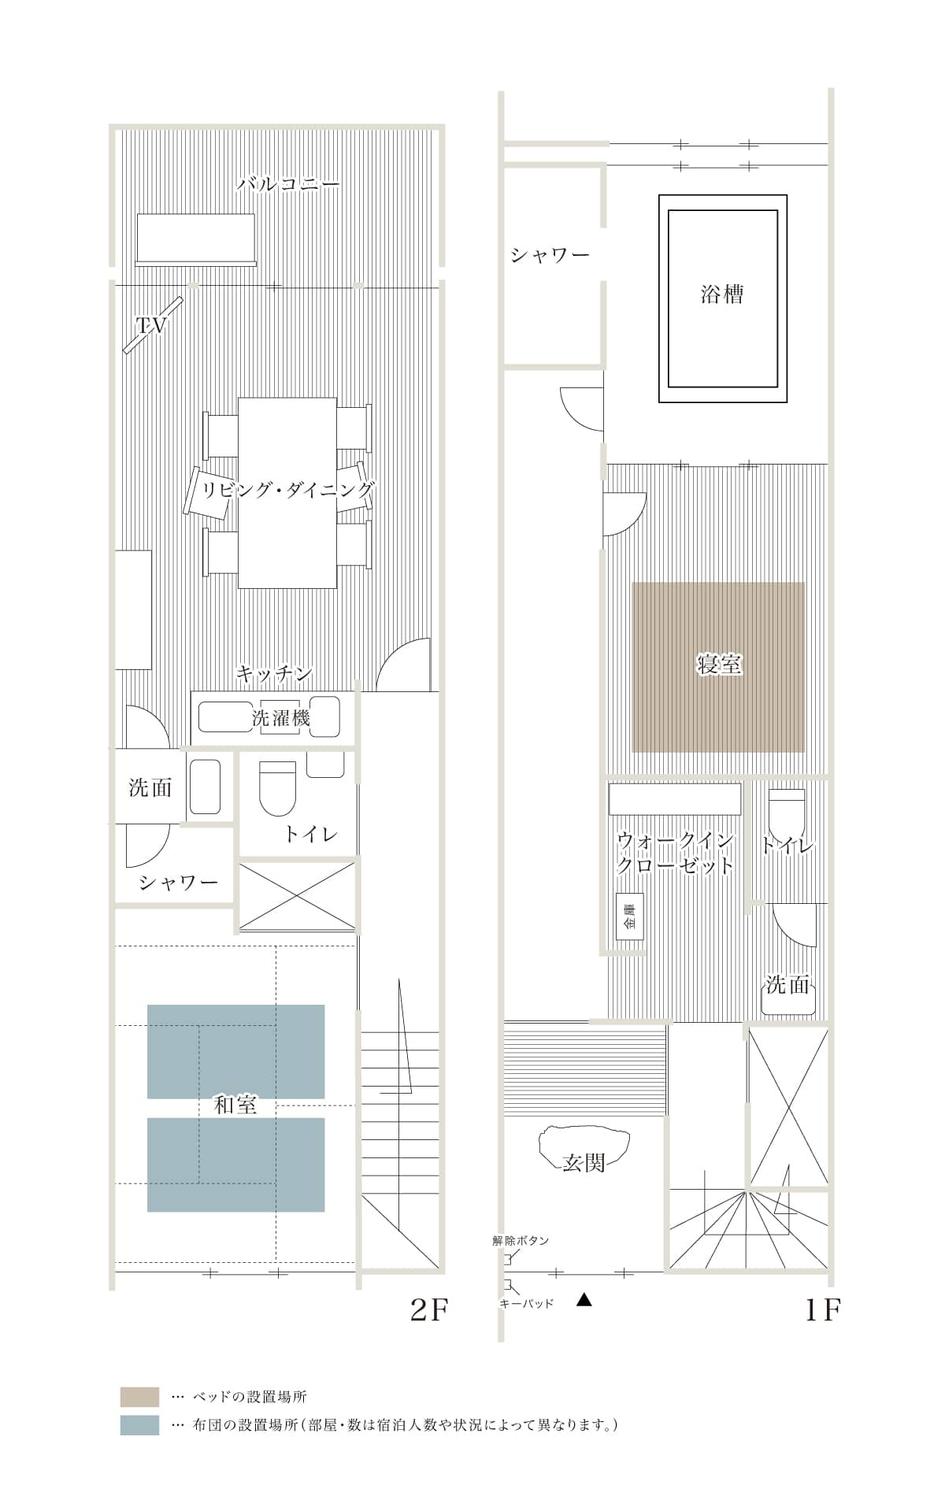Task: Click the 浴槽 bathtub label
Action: click(721, 294)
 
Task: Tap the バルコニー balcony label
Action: click(288, 184)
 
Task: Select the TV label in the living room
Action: click(151, 325)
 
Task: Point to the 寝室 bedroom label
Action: click(719, 664)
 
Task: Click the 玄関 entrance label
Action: click(584, 1162)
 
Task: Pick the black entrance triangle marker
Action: click(584, 1300)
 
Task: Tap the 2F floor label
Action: click(429, 1309)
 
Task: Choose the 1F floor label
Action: click(822, 1309)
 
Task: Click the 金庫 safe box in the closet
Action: click(629, 916)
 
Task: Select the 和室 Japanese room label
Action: click(235, 1105)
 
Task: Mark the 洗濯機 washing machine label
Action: click(280, 717)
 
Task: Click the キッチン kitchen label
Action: click(274, 674)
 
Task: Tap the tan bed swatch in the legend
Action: click(139, 1397)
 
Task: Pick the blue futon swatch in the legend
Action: click(139, 1425)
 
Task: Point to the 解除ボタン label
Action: click(521, 1240)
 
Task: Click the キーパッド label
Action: click(527, 1303)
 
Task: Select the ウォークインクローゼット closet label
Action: click(675, 853)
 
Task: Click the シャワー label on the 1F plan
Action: click(550, 256)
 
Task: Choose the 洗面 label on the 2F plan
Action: click(150, 787)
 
